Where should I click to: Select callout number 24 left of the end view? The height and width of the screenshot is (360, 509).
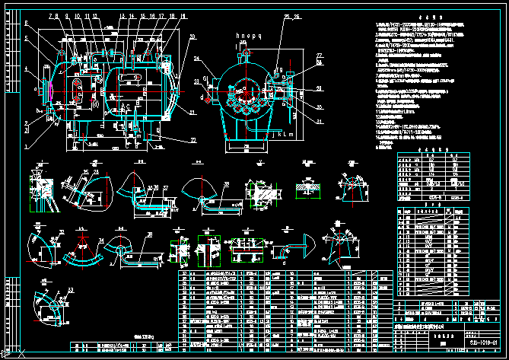(x=196, y=58)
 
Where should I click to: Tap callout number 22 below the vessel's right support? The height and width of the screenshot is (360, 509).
(x=172, y=139)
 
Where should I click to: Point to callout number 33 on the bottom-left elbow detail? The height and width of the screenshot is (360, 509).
(x=72, y=289)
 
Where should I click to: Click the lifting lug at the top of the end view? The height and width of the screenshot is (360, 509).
(x=245, y=54)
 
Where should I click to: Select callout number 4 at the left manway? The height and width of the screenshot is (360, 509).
(x=26, y=69)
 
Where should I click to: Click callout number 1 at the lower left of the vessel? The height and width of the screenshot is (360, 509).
(x=26, y=145)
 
